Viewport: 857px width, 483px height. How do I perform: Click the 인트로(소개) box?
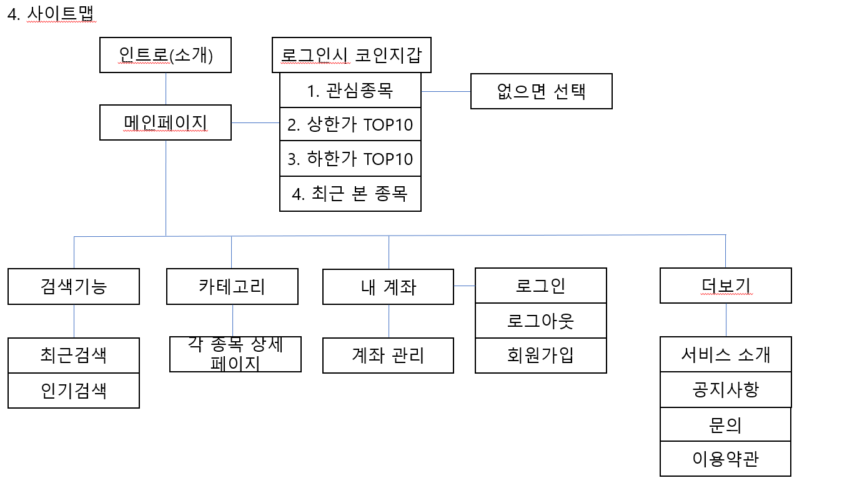pyautogui.click(x=166, y=56)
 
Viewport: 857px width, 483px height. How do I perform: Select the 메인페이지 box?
pyautogui.click(x=166, y=122)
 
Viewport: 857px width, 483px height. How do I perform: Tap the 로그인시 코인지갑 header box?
pyautogui.click(x=352, y=56)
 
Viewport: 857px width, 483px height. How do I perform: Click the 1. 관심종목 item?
pyautogui.click(x=350, y=91)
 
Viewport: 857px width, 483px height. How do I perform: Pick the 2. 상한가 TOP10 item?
pyautogui.click(x=350, y=124)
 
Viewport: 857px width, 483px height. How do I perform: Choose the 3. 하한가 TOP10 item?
pyautogui.click(x=350, y=159)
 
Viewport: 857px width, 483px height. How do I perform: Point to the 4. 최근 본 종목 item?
pyautogui.click(x=350, y=193)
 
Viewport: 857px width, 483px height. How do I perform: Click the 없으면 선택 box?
pyautogui.click(x=541, y=91)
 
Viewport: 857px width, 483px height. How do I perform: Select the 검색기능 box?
pyautogui.click(x=74, y=286)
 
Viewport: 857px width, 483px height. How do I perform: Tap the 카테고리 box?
pyautogui.click(x=232, y=286)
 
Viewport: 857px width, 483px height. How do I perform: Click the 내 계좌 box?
pyautogui.click(x=388, y=286)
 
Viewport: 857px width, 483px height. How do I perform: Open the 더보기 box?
pyautogui.click(x=725, y=286)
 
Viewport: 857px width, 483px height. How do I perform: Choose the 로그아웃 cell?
pyautogui.click(x=541, y=321)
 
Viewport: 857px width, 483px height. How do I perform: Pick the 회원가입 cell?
pyautogui.click(x=541, y=356)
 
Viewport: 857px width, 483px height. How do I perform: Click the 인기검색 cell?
pyautogui.click(x=74, y=391)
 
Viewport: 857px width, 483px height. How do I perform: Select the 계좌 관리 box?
pyautogui.click(x=388, y=356)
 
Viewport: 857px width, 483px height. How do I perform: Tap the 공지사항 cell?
pyautogui.click(x=725, y=390)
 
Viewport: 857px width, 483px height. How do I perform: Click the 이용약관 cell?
pyautogui.click(x=725, y=459)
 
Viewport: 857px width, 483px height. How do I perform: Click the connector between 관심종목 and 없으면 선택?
pyautogui.click(x=445, y=91)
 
